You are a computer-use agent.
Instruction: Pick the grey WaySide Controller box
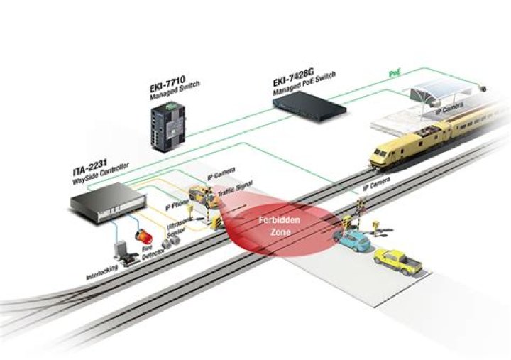tap(103, 198)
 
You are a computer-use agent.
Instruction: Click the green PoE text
tap(395, 73)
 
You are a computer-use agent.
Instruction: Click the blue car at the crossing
tap(353, 242)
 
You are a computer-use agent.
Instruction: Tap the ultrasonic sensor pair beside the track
tap(170, 244)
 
